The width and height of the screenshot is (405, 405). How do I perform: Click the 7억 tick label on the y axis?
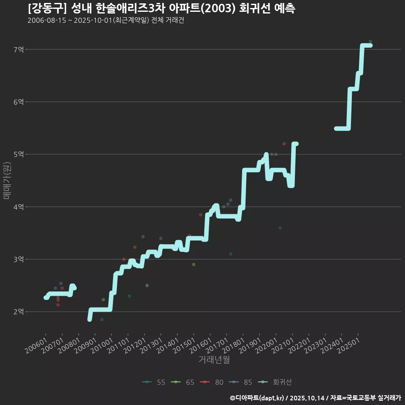[19, 50]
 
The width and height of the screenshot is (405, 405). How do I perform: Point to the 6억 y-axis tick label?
[19, 102]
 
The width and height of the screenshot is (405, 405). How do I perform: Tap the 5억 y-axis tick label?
[19, 154]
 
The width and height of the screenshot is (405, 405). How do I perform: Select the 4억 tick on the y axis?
[19, 207]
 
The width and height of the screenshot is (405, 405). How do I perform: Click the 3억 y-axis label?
[19, 259]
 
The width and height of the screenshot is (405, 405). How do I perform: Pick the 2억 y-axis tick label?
[19, 312]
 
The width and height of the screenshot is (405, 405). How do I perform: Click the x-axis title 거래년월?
[214, 360]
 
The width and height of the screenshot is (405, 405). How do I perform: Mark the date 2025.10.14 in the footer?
[306, 398]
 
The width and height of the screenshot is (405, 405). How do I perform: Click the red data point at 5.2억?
[284, 144]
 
